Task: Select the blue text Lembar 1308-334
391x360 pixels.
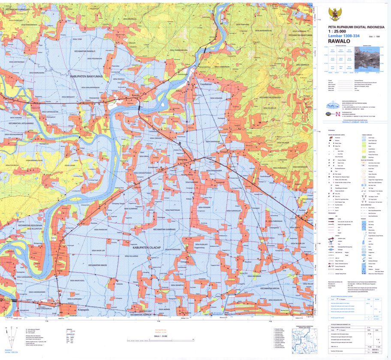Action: pyautogui.click(x=338, y=36)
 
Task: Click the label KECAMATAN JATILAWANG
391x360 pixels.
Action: pyautogui.click(x=21, y=123)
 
